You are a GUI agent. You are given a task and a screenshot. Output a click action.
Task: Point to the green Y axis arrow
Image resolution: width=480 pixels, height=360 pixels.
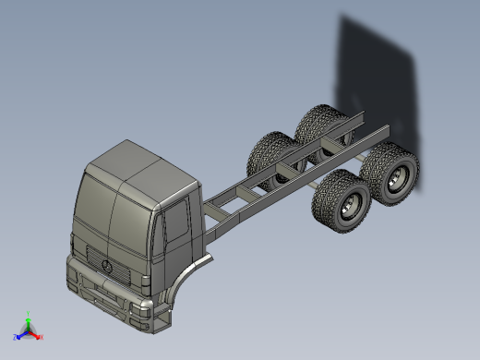pos(29,316)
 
